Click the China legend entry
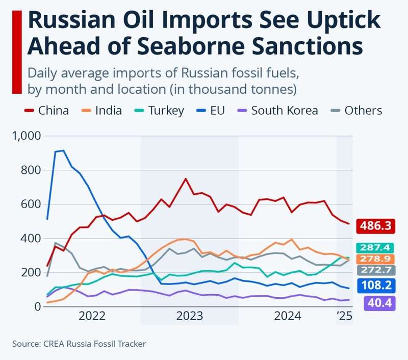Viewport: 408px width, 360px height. pyautogui.click(x=47, y=111)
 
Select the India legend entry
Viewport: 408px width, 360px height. pyautogui.click(x=101, y=111)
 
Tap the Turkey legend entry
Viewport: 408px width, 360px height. pyautogui.click(x=160, y=111)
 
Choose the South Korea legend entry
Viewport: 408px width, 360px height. pyautogui.click(x=277, y=111)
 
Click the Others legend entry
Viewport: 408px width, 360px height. pyautogui.click(x=356, y=111)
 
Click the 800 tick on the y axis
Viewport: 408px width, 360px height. pyautogui.click(x=31, y=170)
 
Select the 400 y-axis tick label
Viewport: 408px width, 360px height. pyautogui.click(x=31, y=239)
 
